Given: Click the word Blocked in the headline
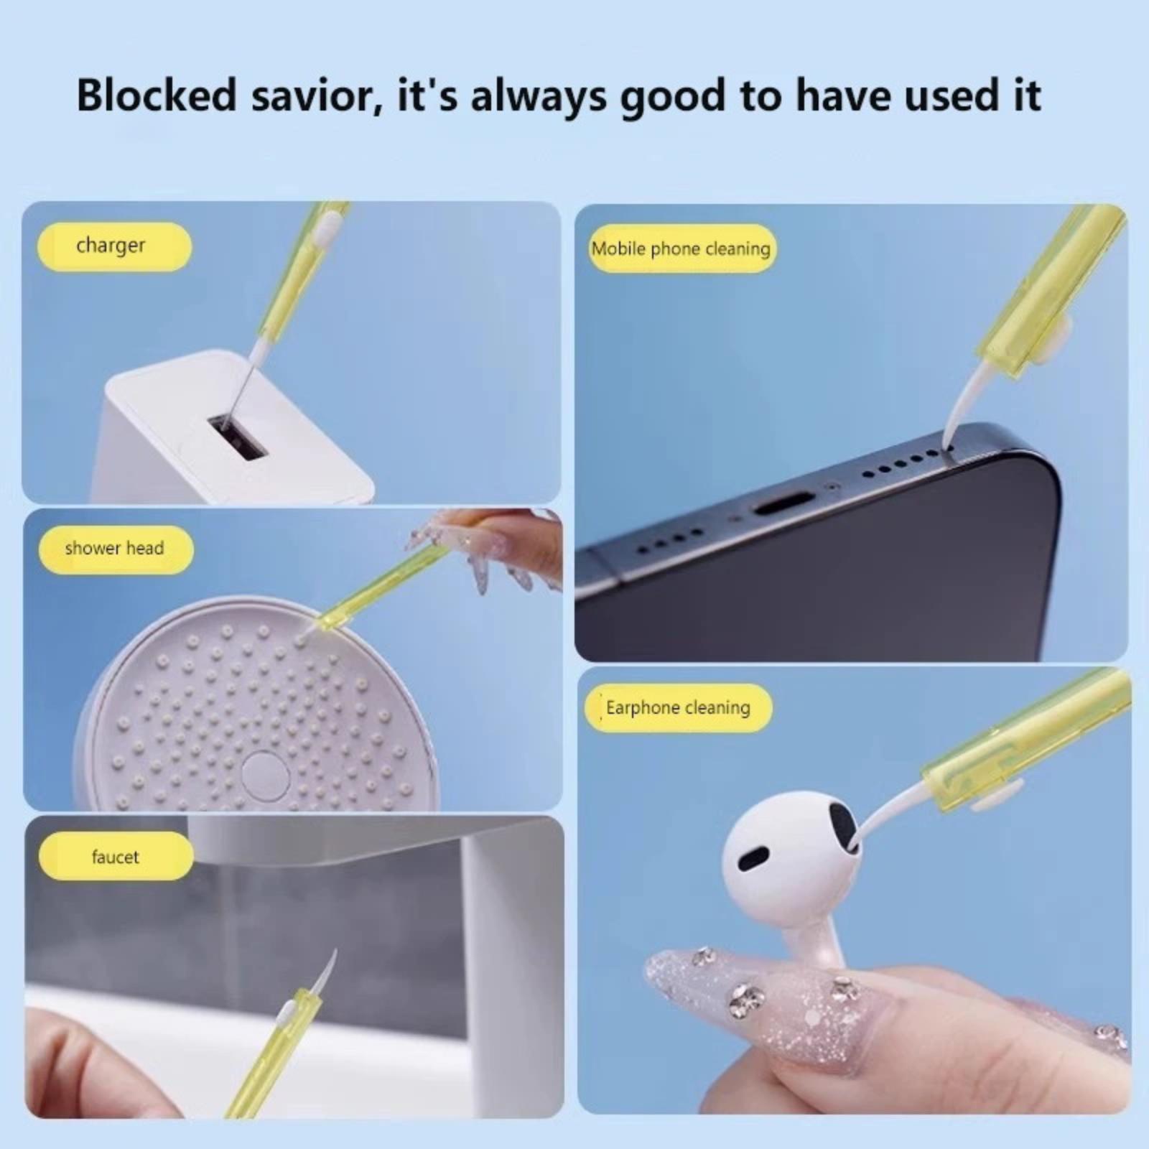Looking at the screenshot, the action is [x=157, y=95].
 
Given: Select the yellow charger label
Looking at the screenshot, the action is [x=114, y=246].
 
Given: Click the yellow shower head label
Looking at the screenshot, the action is [x=116, y=549].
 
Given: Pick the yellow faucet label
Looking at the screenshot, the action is [x=116, y=856].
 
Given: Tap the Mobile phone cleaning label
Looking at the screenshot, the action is [x=682, y=248].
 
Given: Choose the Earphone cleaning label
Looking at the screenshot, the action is [x=678, y=708].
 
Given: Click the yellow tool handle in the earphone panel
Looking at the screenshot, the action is [x=1027, y=740].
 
